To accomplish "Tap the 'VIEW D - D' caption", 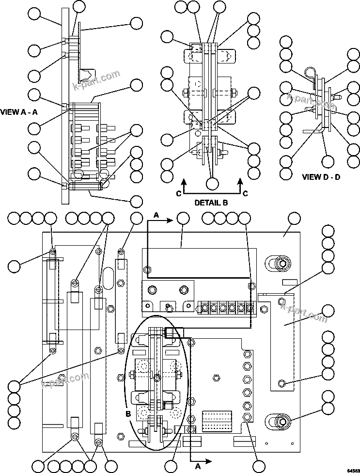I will click(321, 177).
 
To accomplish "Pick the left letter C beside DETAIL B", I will click(178, 193).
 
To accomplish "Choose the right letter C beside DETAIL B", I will click(245, 193).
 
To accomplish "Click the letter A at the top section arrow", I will click(157, 214).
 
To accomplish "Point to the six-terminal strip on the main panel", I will click(227, 307).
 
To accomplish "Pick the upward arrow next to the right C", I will click(240, 183).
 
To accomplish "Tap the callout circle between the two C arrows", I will click(212, 184).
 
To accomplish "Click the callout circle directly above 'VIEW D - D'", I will click(329, 161).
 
